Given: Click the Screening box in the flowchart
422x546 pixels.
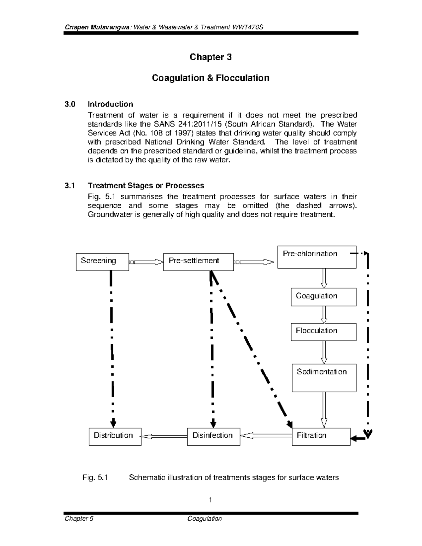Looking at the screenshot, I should [102, 262].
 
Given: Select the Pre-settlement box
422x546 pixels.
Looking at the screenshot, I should [198, 262].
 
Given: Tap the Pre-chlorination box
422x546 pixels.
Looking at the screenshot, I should [316, 257].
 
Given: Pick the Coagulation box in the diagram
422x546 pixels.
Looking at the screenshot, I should [323, 297].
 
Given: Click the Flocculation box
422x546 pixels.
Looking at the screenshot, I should [323, 332].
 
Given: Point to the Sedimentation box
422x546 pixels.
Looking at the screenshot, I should [324, 378].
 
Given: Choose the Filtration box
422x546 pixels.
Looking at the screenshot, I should [321, 436].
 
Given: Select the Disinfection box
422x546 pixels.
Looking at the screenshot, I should [213, 436].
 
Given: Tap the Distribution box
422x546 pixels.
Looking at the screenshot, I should [115, 436].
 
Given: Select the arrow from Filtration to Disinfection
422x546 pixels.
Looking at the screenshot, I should [266, 436].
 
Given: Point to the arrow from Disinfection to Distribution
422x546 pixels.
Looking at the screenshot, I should [164, 436].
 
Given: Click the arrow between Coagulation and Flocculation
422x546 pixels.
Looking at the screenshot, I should [324, 314].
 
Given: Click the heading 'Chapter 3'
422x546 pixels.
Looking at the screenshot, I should [210, 57].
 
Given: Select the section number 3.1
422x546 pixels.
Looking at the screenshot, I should [70, 185].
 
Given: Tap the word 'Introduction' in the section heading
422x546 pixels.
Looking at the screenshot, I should [110, 104].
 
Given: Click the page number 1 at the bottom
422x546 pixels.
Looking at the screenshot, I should [210, 500].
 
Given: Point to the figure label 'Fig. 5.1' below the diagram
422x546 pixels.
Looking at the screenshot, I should [95, 477].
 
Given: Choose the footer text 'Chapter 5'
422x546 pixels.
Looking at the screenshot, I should [79, 519].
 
